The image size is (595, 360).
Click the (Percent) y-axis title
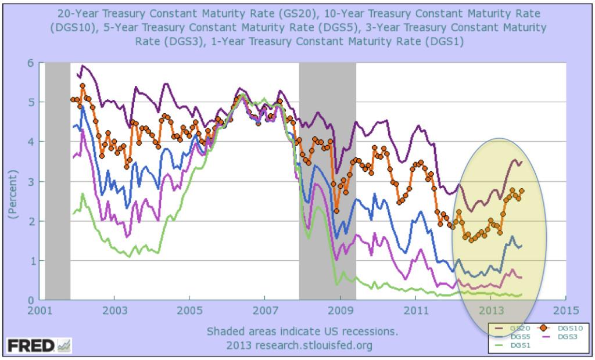click(13, 181)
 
